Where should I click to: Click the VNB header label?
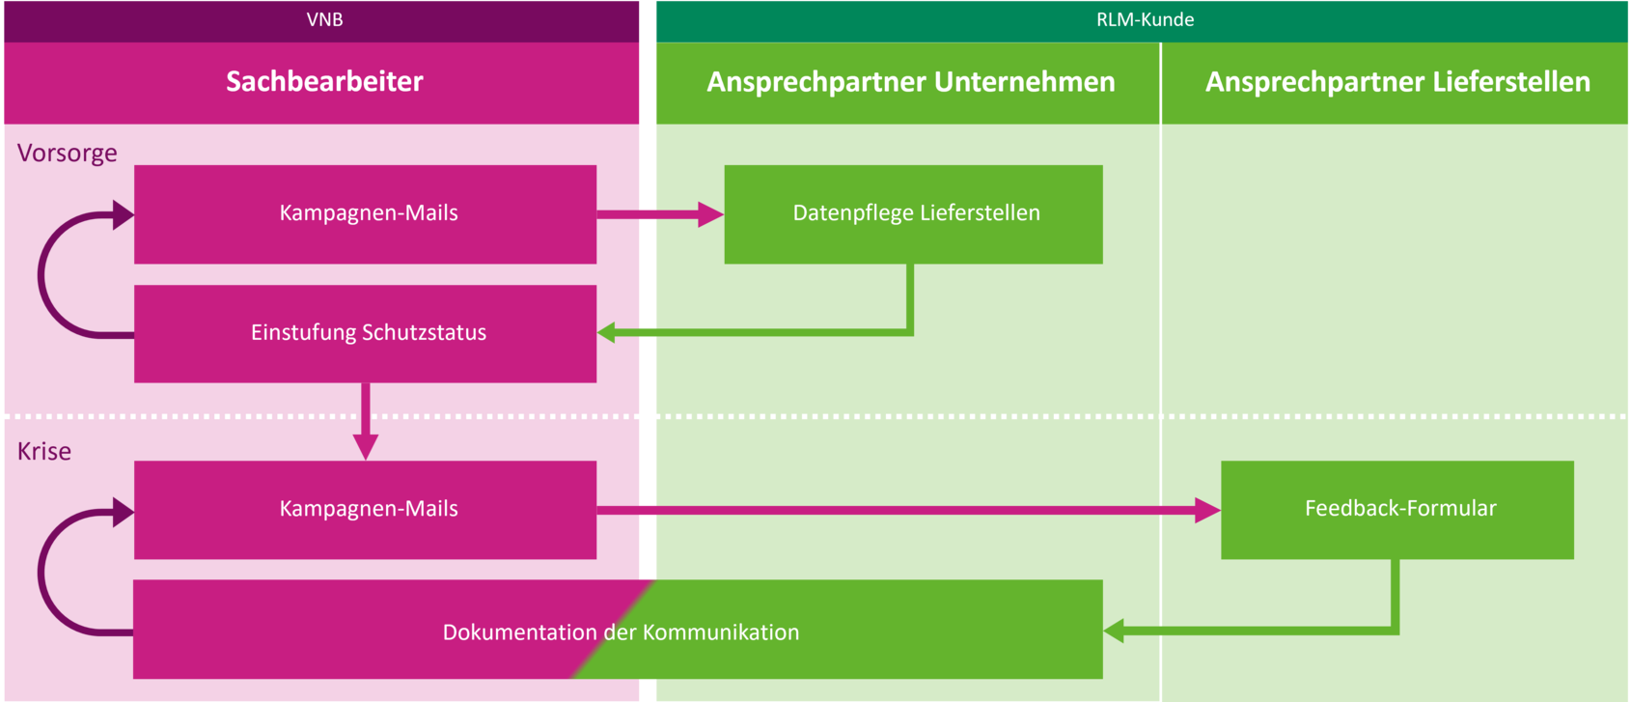click(324, 19)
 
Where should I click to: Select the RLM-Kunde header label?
click(1145, 19)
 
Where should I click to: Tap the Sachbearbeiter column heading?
click(324, 81)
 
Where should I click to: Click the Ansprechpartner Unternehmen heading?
click(911, 81)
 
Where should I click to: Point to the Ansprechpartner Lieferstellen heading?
click(1397, 81)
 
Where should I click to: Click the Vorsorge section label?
click(67, 153)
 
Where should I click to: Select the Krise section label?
click(44, 452)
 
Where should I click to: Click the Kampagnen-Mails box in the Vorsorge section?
click(366, 214)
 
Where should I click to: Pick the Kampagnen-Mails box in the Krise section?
click(366, 510)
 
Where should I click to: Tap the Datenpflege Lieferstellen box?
click(914, 214)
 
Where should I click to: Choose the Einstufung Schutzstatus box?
click(366, 333)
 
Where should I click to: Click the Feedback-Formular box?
click(1397, 510)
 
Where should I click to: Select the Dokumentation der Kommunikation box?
click(618, 630)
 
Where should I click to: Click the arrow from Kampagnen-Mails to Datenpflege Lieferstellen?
click(660, 214)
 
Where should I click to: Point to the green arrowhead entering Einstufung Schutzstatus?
click(606, 333)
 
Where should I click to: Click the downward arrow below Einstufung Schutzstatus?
click(366, 422)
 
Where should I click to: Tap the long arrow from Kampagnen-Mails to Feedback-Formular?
click(909, 510)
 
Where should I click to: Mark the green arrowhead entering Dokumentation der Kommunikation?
click(1114, 631)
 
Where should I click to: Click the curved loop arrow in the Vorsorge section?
click(41, 275)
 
